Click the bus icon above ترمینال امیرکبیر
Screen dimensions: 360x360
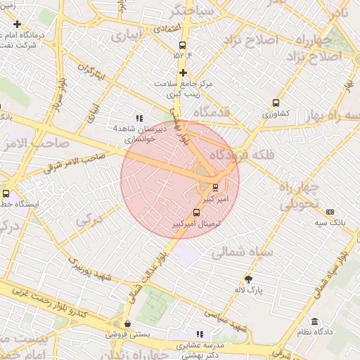[x=195, y=212]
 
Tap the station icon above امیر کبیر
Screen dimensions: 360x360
[x=215, y=188]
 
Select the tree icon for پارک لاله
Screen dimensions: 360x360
[x=247, y=278]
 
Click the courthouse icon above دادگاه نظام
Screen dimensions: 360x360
[x=314, y=321]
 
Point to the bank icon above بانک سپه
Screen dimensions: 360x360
[x=330, y=212]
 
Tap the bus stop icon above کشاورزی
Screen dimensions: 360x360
[x=276, y=102]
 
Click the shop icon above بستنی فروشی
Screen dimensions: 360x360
[x=127, y=323]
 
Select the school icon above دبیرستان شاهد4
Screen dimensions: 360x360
[x=139, y=118]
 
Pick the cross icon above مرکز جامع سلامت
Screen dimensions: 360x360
[x=183, y=72]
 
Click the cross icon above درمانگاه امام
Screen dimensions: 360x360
[x=17, y=24]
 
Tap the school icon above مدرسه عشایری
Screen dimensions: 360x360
[x=200, y=334]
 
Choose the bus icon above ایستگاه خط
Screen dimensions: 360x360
[x=6, y=193]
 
